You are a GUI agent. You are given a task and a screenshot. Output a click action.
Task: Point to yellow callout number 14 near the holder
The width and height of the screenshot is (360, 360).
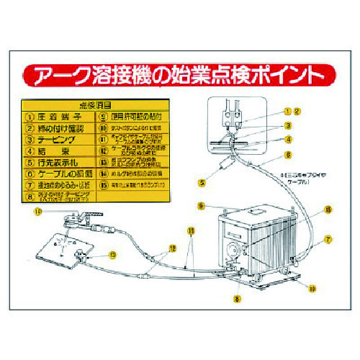click(37, 211)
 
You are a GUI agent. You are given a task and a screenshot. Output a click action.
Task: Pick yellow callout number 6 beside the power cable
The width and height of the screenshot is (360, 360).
click(287, 154)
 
